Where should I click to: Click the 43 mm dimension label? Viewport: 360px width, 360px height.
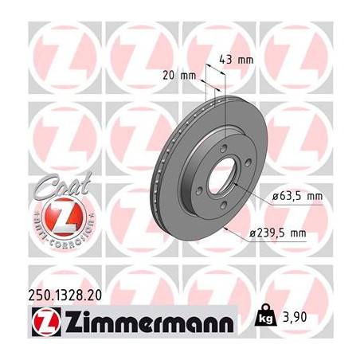[237, 60]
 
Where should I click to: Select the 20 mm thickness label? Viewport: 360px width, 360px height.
[179, 76]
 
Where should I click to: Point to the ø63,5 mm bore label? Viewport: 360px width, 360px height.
[298, 197]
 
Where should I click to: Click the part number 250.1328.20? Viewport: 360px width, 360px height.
[65, 295]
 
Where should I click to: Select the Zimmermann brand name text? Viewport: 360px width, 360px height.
[150, 321]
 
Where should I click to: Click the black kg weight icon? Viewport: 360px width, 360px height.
[265, 315]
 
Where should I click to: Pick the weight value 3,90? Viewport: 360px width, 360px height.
[295, 317]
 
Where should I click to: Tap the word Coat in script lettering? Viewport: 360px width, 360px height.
[63, 185]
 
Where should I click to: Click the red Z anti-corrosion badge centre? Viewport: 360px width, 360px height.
[64, 217]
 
